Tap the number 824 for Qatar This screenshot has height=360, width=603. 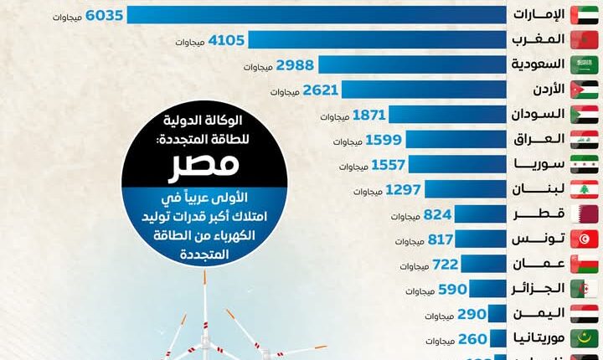pyautogui.click(x=438, y=214)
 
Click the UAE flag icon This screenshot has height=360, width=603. pyautogui.click(x=585, y=15)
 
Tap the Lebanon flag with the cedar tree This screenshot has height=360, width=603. pyautogui.click(x=585, y=189)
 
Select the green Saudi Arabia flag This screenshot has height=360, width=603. pyautogui.click(x=585, y=64)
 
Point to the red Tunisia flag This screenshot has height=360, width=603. pyautogui.click(x=585, y=239)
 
